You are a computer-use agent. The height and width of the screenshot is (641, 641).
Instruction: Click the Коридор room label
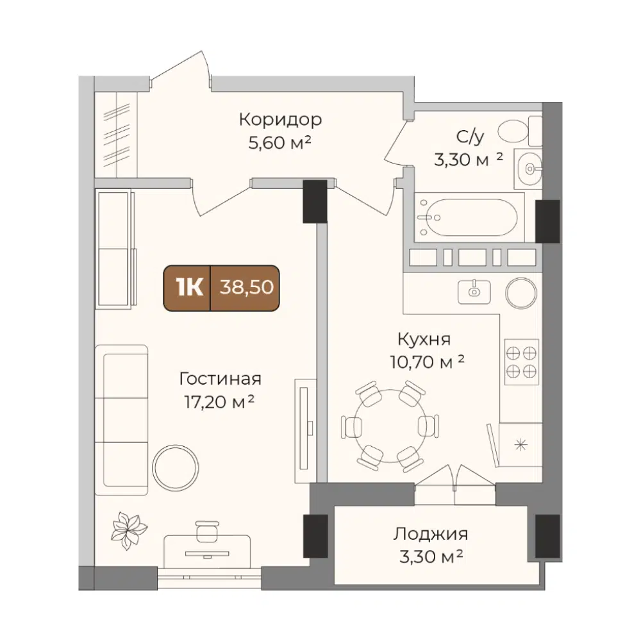[x=281, y=120]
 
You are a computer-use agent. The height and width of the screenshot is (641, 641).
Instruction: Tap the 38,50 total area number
[x=247, y=287]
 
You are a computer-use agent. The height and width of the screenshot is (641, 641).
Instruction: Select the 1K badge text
[x=189, y=287]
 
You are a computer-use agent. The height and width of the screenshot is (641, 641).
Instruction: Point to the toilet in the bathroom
[x=520, y=131]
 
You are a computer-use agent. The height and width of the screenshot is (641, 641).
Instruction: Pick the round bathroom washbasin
[x=529, y=169]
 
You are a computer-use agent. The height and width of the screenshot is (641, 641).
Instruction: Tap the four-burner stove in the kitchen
[x=521, y=362]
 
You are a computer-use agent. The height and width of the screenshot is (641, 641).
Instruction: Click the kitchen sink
[x=474, y=292]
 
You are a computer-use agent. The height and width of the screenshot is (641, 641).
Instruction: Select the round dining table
[x=390, y=426]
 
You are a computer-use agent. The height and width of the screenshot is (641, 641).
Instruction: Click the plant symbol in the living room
[x=128, y=530]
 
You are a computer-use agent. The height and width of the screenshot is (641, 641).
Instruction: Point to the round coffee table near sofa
[x=176, y=468]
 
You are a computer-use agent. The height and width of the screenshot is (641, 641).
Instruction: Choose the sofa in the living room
[x=121, y=420]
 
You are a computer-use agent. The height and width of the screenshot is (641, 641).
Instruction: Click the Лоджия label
[x=431, y=534]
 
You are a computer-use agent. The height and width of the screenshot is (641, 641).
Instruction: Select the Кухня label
[x=424, y=339]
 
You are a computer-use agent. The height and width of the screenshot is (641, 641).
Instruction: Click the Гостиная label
[x=220, y=379]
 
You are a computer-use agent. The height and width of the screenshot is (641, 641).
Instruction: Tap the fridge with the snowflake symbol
[x=520, y=445]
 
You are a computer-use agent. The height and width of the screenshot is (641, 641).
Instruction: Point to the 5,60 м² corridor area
[x=280, y=143]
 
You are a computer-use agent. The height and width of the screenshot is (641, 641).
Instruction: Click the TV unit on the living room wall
[x=305, y=431]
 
